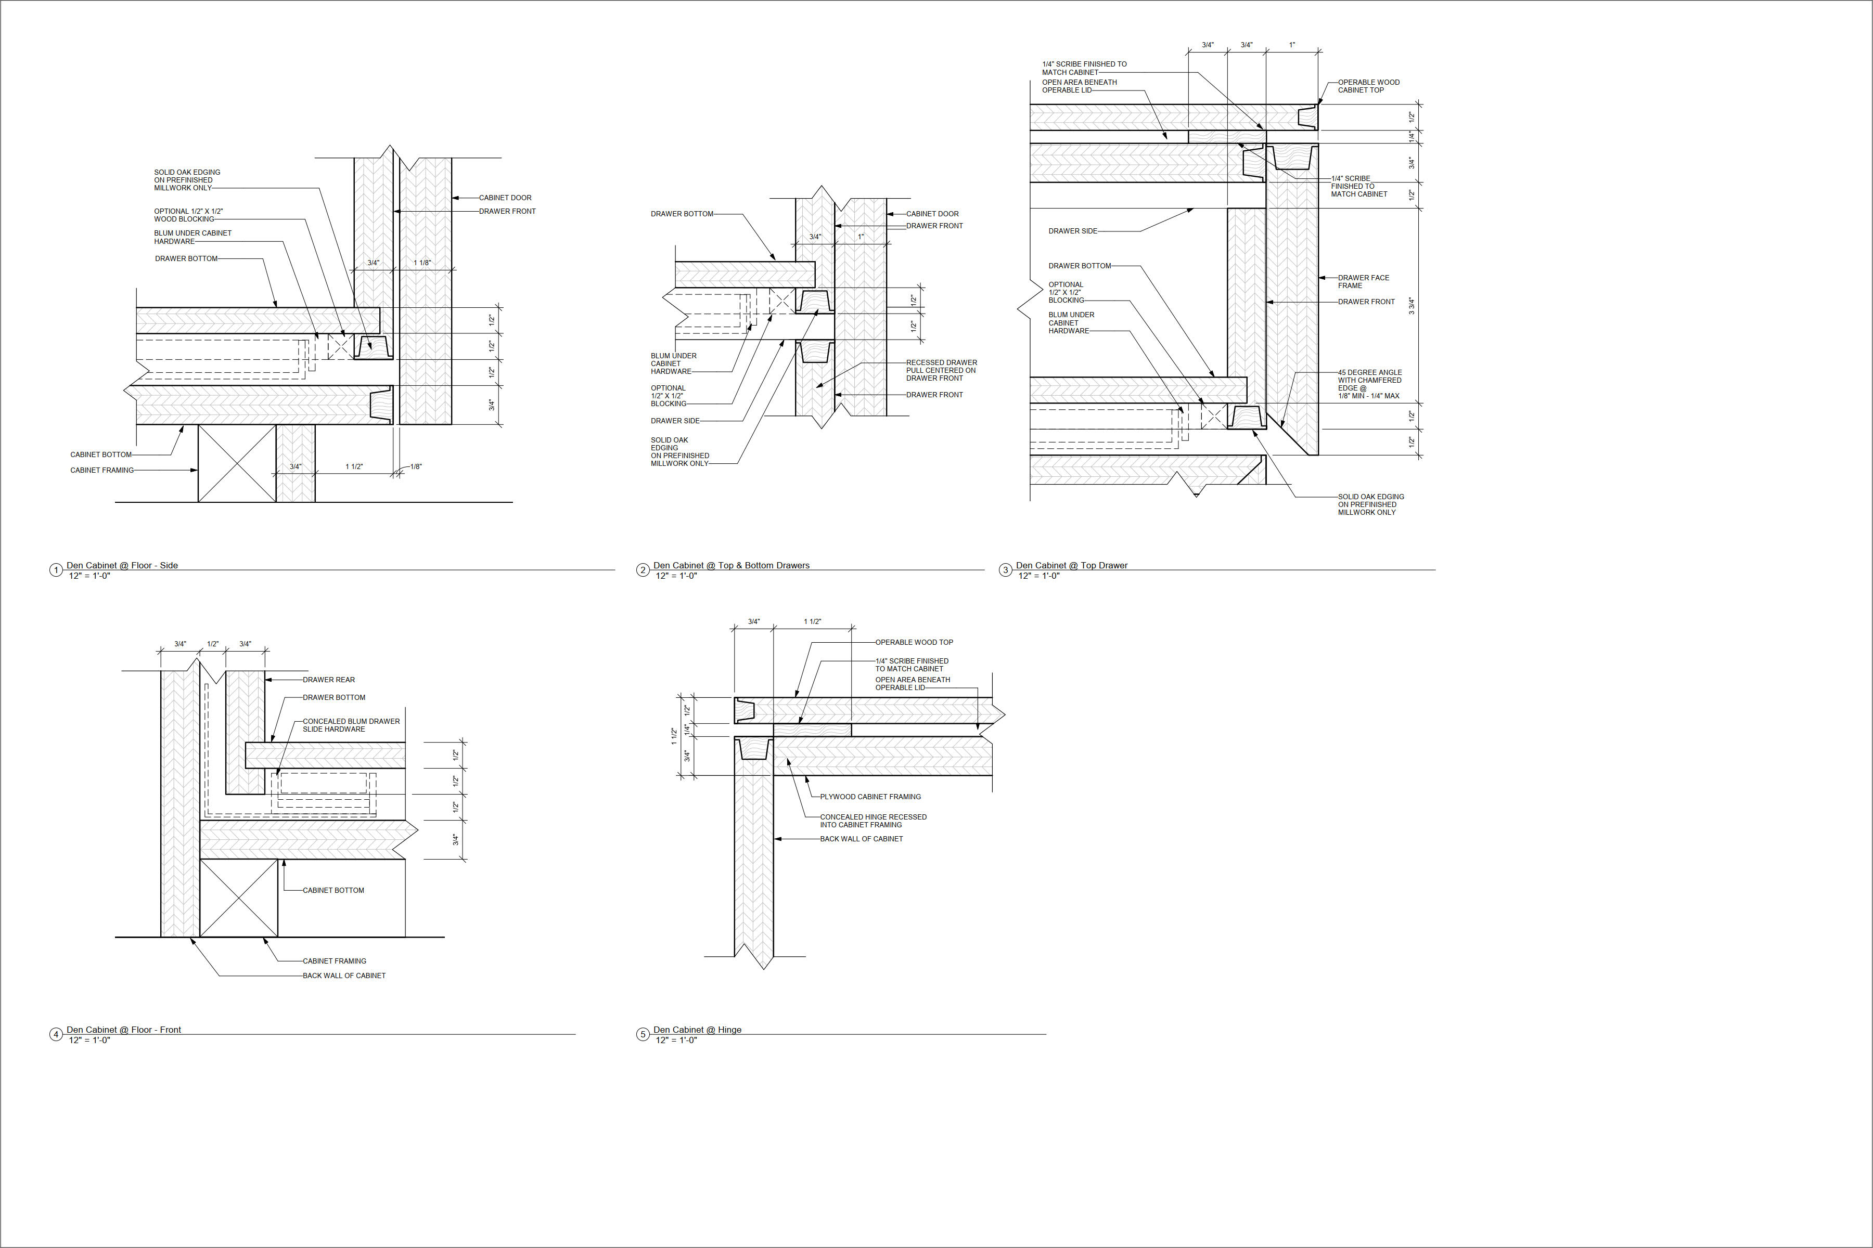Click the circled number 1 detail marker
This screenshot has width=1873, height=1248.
56,570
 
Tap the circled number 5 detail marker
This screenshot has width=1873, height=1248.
643,1035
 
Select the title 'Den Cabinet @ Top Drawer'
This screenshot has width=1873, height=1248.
1071,565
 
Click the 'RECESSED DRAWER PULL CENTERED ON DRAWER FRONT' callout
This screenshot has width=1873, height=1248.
941,370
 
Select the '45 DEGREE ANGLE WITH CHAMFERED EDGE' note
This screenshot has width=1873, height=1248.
1370,384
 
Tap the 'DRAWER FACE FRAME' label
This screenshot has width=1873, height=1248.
1363,282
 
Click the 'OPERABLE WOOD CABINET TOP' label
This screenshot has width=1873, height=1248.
1368,86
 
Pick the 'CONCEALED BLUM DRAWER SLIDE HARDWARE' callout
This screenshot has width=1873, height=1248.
351,725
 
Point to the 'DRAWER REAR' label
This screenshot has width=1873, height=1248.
329,680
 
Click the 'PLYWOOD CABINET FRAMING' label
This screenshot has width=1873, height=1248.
870,797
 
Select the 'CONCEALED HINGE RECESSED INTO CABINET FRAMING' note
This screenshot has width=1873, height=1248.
874,821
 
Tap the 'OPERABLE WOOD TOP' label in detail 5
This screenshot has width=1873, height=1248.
914,642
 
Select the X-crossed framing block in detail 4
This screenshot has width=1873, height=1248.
239,898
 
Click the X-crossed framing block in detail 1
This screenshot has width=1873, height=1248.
237,463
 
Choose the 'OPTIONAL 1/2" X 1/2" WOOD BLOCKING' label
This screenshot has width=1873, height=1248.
189,215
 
